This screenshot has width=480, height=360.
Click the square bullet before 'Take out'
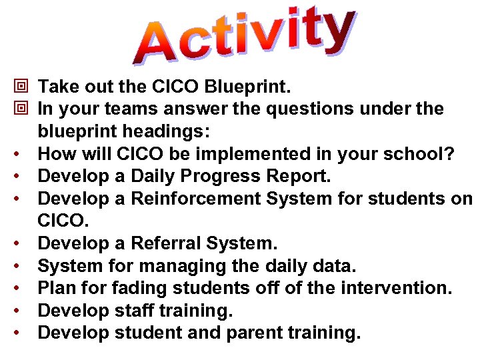click(21, 86)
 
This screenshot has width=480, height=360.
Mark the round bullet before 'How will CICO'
click(21, 155)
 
